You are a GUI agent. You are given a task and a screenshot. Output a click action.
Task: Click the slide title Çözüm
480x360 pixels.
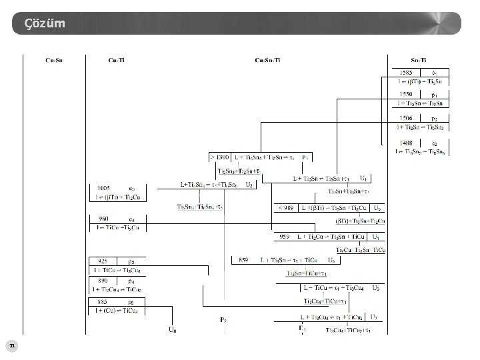tap(45, 24)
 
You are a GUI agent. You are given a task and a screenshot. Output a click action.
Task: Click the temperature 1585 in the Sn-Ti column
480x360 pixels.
tap(405, 73)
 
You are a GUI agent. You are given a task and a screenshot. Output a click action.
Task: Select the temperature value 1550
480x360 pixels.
tap(405, 95)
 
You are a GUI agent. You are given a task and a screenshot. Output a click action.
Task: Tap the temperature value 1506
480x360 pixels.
tap(405, 119)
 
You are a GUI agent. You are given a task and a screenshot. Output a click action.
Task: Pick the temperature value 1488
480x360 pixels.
tap(405, 143)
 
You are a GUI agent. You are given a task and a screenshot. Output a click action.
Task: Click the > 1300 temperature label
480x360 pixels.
tap(221, 157)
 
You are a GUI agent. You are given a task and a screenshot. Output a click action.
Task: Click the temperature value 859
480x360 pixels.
tap(244, 259)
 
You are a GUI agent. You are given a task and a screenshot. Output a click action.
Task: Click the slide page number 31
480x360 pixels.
tap(11, 345)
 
